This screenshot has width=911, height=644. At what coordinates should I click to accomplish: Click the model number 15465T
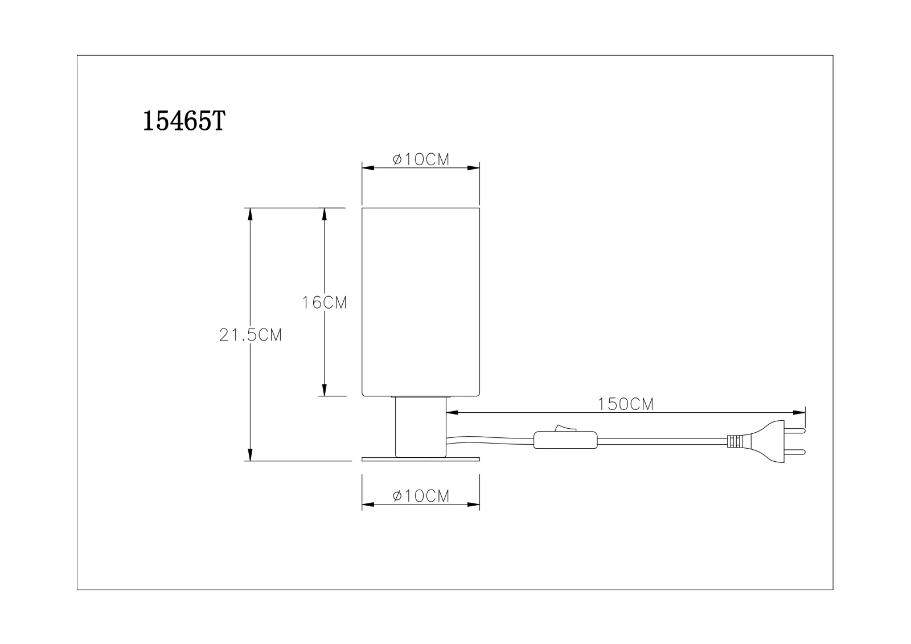pos(184,121)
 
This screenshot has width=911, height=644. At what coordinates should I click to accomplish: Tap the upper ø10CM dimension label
pos(421,159)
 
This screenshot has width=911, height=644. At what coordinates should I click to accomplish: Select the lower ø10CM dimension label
pos(421,496)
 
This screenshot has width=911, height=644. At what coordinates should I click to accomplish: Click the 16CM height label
pos(324,303)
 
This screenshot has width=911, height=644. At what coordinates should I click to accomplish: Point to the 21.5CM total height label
pos(251,335)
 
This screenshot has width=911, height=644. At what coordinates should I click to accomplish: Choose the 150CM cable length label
pos(626,404)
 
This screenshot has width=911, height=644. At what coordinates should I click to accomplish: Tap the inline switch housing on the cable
pos(565,440)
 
